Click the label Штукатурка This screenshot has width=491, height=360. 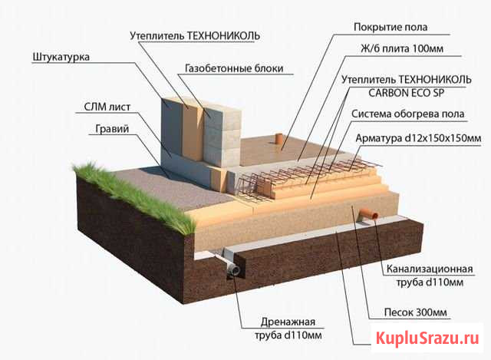(x=62, y=57)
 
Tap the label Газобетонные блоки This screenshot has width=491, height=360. (x=234, y=68)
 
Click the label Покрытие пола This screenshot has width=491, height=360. (x=390, y=28)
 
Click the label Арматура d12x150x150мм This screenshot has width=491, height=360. (x=419, y=138)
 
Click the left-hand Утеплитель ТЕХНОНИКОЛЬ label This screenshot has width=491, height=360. (x=195, y=35)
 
